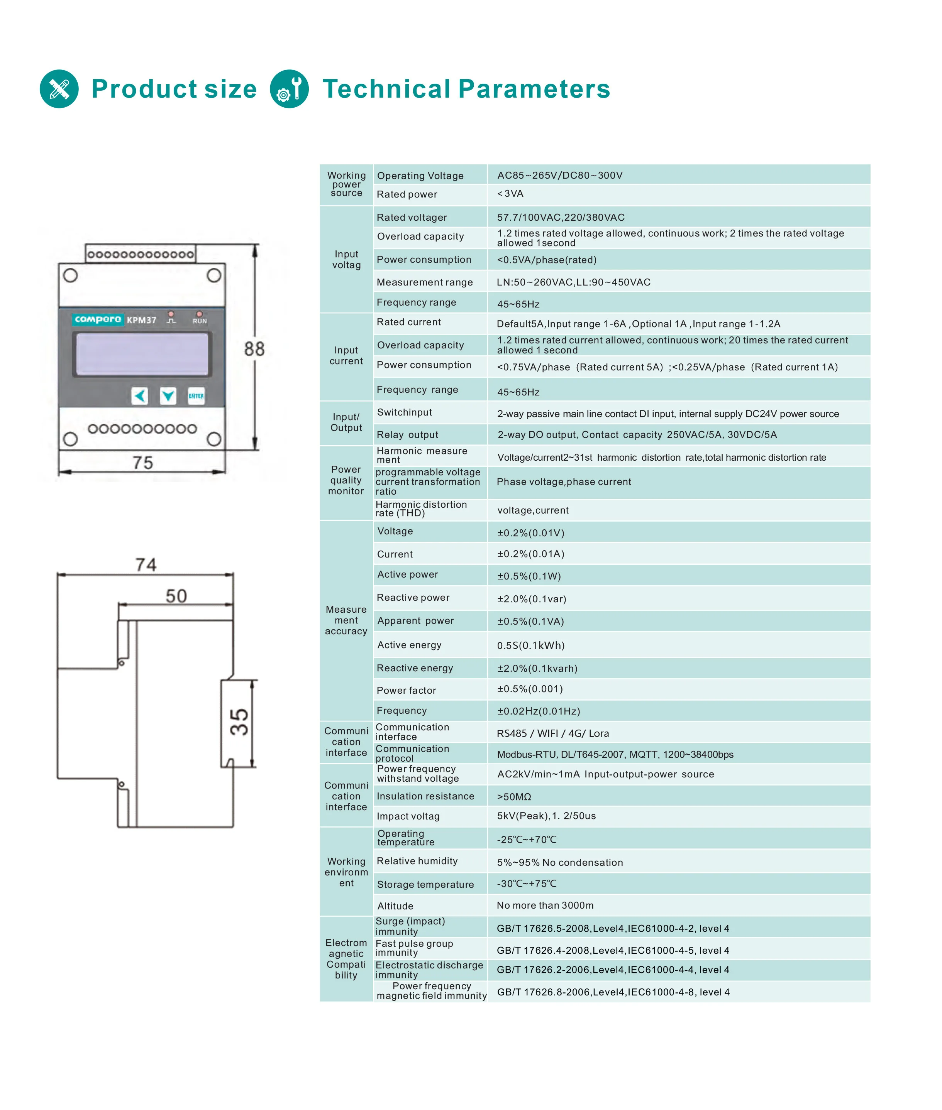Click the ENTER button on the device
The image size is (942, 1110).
click(196, 396)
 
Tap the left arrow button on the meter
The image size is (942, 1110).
click(140, 396)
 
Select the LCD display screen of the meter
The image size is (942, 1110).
click(142, 354)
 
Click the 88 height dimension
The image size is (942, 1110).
click(254, 349)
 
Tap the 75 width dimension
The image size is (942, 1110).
click(142, 463)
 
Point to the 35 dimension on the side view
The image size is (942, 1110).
click(239, 723)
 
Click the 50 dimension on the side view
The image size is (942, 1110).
click(176, 596)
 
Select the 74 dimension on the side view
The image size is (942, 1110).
click(146, 564)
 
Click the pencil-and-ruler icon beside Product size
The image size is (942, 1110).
click(59, 89)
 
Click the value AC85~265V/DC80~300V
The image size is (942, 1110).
click(560, 176)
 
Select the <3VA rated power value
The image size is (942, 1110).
click(510, 194)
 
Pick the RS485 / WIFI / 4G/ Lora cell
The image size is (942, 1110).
click(553, 733)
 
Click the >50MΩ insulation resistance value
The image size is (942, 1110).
click(514, 797)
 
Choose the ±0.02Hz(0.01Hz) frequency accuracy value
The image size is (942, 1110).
click(538, 711)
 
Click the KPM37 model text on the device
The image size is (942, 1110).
click(142, 320)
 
